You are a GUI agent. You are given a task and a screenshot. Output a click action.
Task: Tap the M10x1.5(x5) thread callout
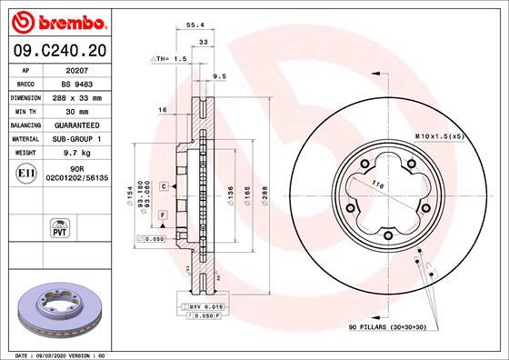coord(440,135)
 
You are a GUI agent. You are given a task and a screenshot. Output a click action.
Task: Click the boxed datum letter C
coord(164,185)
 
